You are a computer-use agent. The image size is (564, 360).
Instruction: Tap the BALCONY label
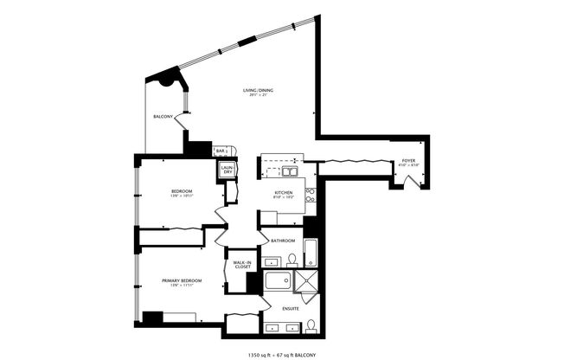163,116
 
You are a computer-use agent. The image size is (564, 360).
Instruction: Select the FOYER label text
407,161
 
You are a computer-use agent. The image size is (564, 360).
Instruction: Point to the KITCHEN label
285,192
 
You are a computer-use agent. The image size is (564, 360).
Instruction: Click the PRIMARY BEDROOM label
182,280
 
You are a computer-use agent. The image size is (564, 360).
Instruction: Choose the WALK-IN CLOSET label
242,264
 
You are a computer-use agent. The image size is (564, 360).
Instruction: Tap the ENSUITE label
290,308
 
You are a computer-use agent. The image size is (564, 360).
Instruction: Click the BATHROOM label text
283,241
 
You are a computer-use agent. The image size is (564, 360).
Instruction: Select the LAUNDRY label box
228,170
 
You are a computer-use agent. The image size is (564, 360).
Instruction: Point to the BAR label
221,151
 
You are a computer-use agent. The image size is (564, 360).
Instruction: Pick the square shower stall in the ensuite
306,282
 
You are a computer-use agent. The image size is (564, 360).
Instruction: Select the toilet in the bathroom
292,259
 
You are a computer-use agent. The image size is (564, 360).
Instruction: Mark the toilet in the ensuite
310,326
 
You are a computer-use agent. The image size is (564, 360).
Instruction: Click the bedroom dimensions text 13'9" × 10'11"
182,196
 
